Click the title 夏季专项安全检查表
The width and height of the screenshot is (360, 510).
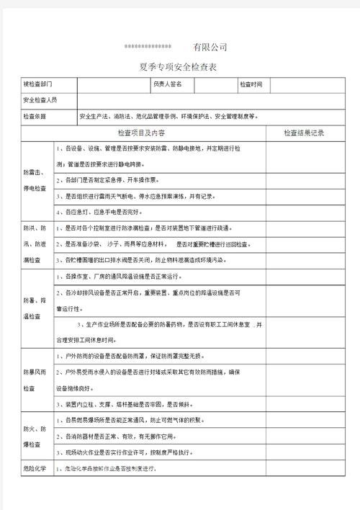(x=179, y=67)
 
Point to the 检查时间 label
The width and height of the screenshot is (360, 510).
(x=251, y=84)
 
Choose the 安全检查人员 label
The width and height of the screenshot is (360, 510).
(x=40, y=99)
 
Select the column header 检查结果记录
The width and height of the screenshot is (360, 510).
(x=304, y=133)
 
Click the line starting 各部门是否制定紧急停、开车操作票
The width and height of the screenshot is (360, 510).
(x=112, y=179)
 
